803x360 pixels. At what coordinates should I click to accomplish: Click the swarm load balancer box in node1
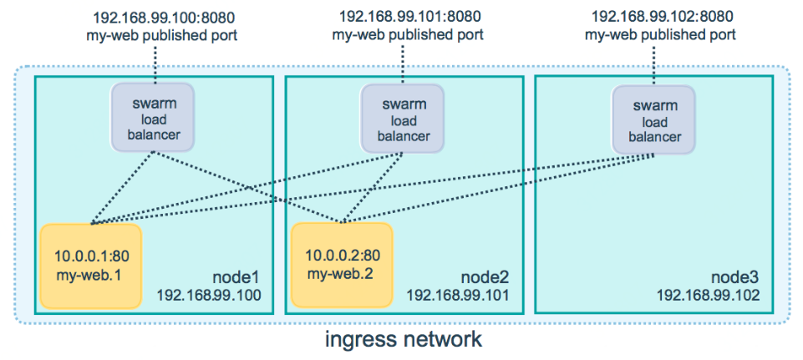point(154,118)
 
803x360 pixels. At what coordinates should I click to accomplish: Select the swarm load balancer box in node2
point(404,118)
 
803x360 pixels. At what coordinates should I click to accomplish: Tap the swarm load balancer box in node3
point(654,119)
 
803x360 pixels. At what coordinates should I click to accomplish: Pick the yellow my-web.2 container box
point(340,266)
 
